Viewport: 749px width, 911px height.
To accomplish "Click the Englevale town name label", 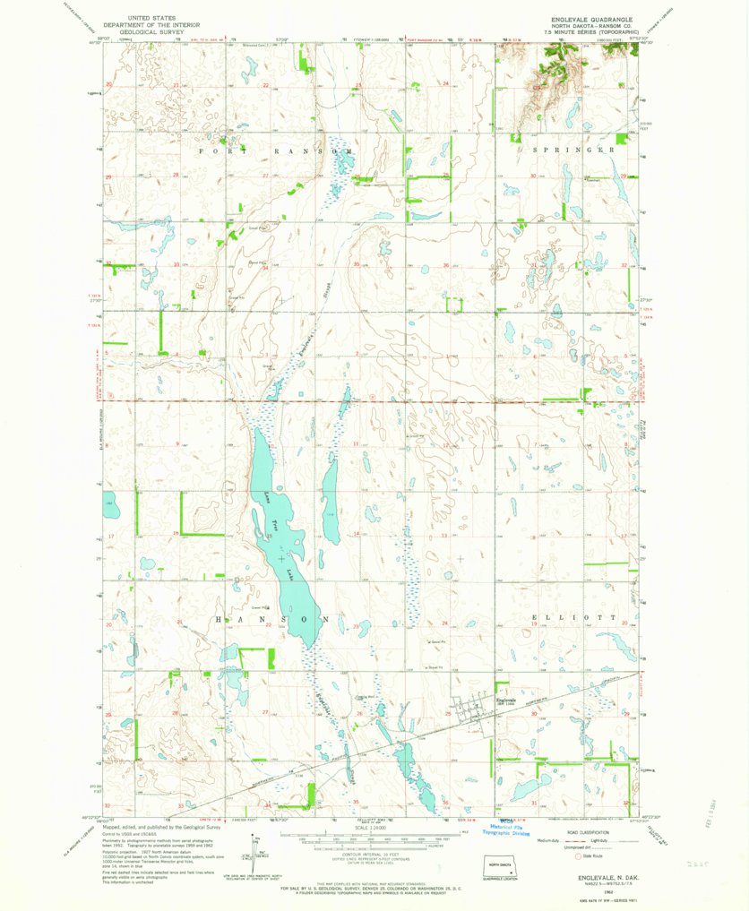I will tap(507, 700).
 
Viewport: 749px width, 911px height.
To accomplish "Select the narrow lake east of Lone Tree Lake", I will tap(330, 506).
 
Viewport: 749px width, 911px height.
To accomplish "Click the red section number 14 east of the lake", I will tap(356, 535).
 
